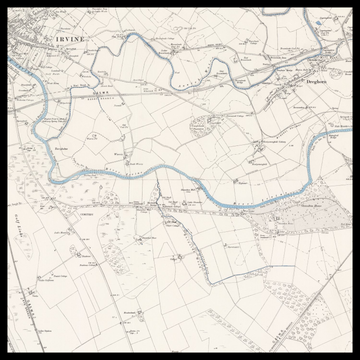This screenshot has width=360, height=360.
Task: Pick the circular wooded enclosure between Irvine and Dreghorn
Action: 205,128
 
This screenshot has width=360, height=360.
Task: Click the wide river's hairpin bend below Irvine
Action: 42,120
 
